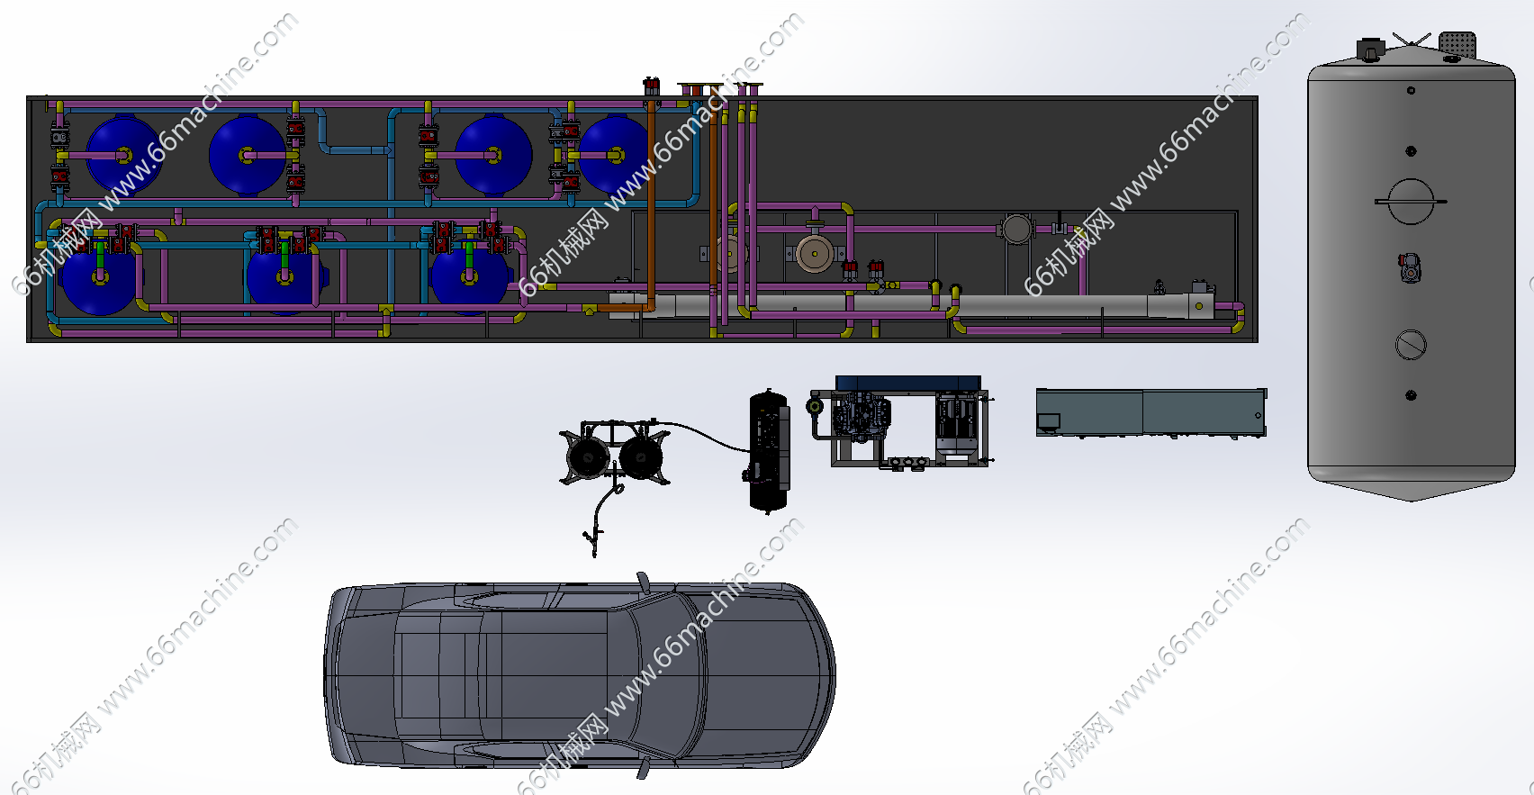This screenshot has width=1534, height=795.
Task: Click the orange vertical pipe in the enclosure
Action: tap(651, 205)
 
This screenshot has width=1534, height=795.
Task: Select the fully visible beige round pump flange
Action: tap(814, 254)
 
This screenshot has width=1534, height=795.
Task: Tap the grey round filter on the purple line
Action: tap(1016, 229)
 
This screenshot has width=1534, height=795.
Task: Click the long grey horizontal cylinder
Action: tap(911, 305)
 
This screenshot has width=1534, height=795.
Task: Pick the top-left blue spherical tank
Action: tap(123, 155)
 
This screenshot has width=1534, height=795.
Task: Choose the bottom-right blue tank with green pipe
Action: tap(470, 276)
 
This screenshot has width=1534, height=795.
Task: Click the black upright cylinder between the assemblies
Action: tap(769, 450)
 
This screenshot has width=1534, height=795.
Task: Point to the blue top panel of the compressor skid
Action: tap(908, 383)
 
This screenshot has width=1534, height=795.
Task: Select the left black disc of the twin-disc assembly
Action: tap(588, 456)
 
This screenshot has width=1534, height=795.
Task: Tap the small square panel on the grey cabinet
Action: tap(1049, 421)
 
